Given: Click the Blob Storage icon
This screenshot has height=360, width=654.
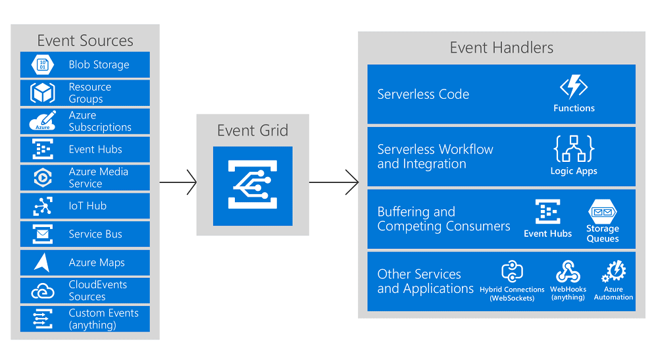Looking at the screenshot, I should coord(43,65).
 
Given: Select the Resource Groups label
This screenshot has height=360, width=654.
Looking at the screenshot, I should coord(90,93).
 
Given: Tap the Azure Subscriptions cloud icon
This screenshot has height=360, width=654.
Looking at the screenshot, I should coord(43,121).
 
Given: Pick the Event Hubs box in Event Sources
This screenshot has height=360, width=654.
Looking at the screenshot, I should coord(85,149).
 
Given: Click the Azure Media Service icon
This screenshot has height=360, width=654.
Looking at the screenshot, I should coord(43,178).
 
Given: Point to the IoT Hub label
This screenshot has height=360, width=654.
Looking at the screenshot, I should coord(88,206).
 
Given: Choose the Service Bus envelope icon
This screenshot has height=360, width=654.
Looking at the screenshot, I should coord(43,234).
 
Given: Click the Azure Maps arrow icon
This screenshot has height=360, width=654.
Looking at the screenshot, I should coord(43,263).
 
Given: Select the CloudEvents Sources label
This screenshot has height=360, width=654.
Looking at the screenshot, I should coord(97,290).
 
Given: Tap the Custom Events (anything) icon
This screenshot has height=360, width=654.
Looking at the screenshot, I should coord(43,319).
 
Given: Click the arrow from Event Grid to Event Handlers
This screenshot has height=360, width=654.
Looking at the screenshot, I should coord(334,182).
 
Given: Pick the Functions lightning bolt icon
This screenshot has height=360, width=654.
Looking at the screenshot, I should coord(573,88).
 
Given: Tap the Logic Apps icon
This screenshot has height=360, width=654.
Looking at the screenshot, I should coord(573,149).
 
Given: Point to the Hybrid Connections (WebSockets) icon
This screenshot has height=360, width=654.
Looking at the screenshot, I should coord(512,271).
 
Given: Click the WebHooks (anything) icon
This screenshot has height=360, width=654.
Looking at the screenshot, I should coord(567,271).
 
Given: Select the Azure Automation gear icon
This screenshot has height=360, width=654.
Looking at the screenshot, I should coord(614,271).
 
